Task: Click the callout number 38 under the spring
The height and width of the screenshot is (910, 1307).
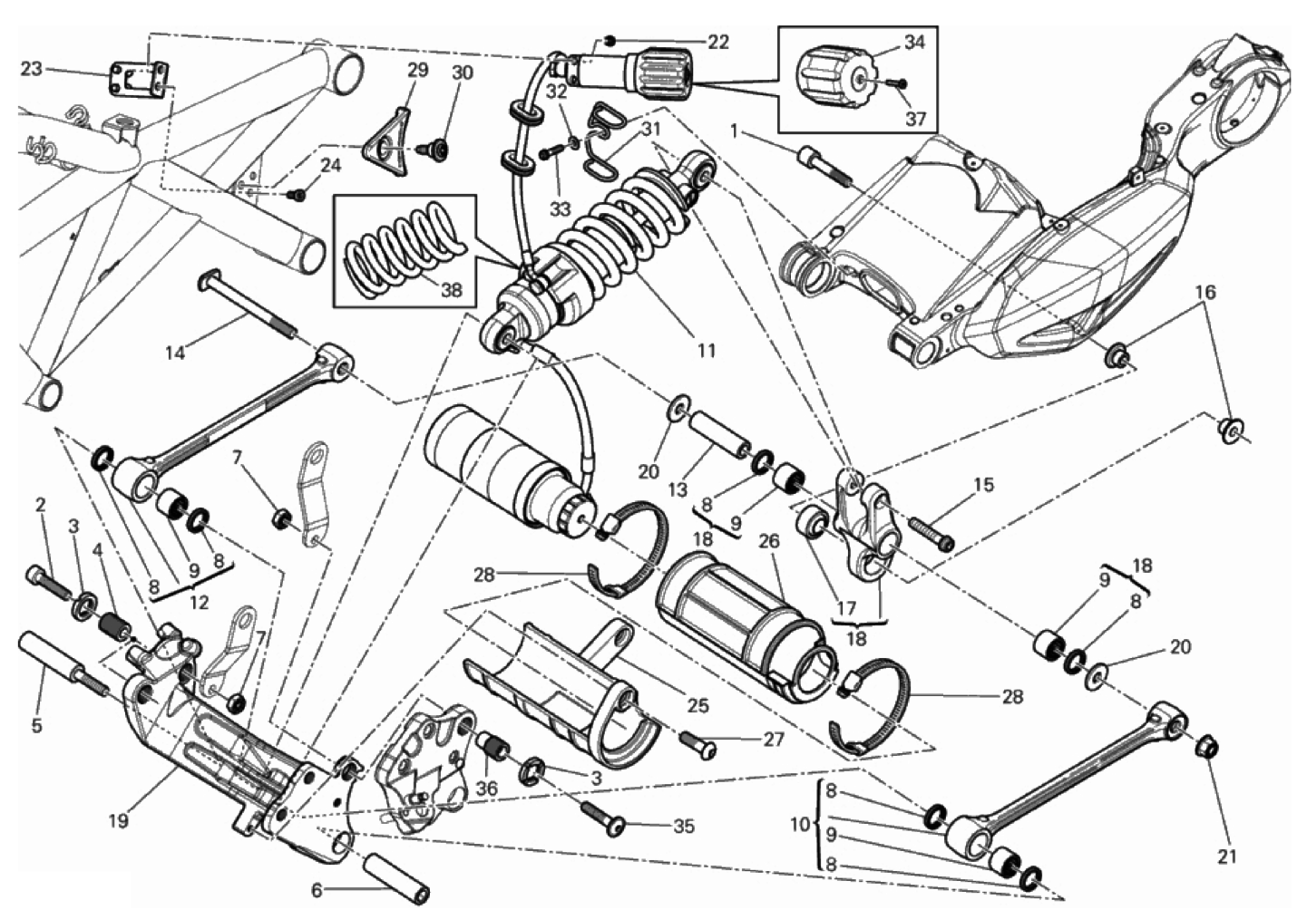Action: click(451, 290)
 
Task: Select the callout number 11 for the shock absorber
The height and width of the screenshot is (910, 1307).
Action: click(707, 350)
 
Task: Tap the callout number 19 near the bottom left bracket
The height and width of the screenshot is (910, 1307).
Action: click(118, 821)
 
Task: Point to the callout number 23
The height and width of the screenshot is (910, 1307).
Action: click(32, 68)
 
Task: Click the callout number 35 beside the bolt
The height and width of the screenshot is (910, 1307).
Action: click(684, 826)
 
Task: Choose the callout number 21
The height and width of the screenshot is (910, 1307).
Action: click(1228, 856)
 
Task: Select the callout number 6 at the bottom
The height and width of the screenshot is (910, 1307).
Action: click(317, 890)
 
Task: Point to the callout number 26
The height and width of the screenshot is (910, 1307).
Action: click(769, 542)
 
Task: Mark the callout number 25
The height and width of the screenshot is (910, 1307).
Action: click(697, 706)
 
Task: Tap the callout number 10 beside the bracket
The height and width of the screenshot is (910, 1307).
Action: click(799, 825)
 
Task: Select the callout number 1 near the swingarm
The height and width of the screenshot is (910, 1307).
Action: click(733, 131)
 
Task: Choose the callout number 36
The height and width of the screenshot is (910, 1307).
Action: click(487, 789)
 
